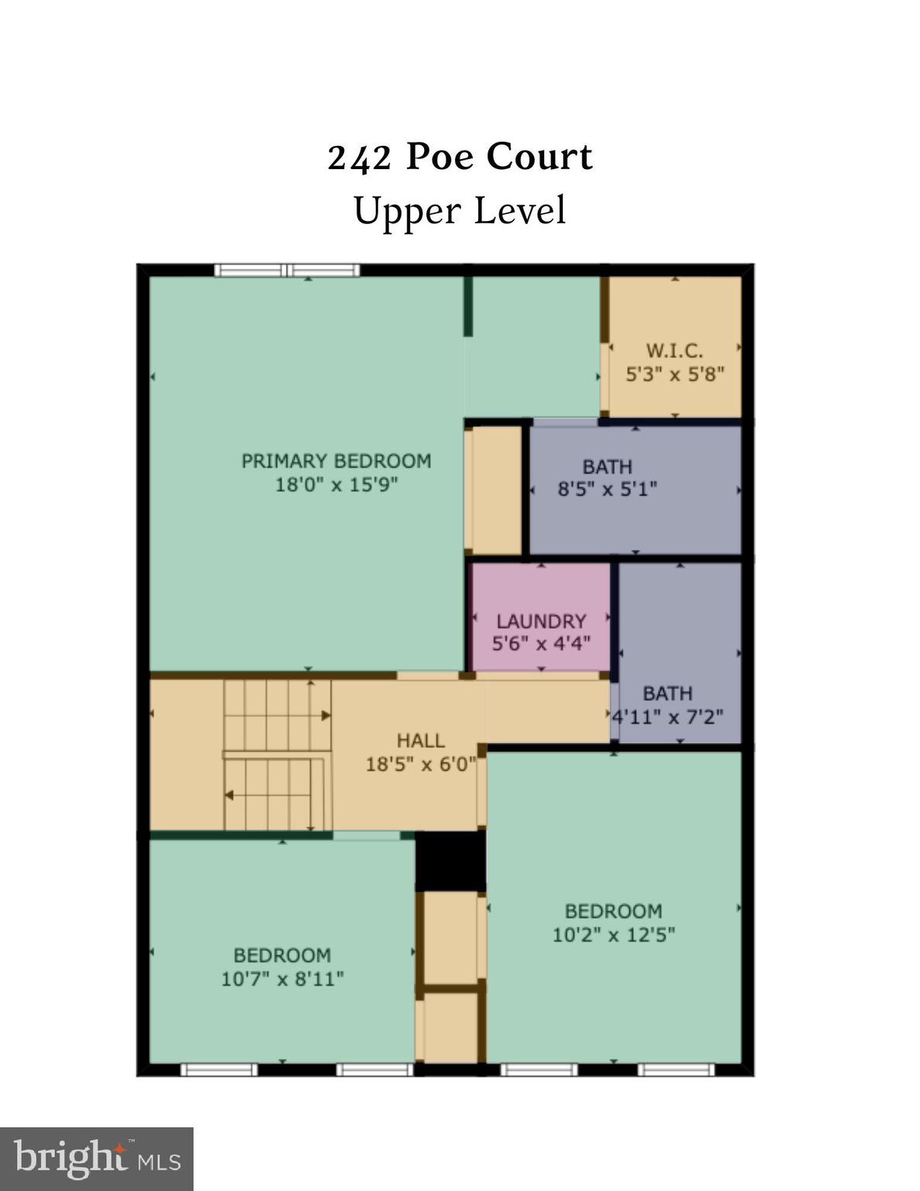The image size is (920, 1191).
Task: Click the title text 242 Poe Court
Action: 460,157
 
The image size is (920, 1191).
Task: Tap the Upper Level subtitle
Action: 460,211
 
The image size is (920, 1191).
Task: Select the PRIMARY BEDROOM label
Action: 336,461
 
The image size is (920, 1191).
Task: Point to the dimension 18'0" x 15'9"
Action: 336,485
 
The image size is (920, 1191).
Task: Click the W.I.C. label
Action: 674,350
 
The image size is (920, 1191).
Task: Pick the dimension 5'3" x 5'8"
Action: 675,375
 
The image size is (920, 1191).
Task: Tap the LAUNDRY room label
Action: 541,622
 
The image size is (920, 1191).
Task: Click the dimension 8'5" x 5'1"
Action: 608,488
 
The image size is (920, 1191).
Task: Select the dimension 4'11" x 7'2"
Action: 667,717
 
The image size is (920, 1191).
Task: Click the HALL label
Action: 421,741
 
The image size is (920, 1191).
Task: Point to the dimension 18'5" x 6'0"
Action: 419,764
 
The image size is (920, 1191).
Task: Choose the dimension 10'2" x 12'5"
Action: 613,934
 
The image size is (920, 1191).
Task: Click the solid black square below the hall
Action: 450,861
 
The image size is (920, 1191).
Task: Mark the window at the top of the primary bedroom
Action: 288,270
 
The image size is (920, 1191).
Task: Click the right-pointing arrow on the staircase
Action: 277,716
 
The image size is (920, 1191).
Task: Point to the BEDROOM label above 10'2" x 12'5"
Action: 613,911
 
